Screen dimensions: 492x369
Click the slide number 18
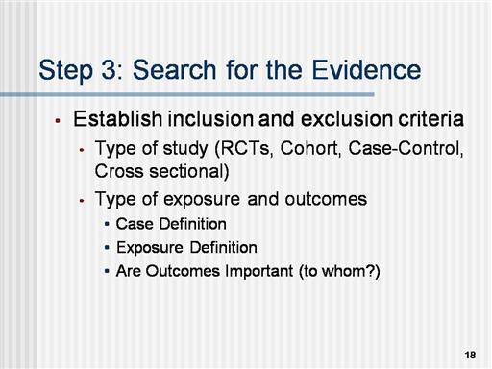pyautogui.click(x=470, y=355)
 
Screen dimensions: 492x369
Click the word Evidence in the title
pyautogui.click(x=366, y=69)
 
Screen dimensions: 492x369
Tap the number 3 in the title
pyautogui.click(x=110, y=69)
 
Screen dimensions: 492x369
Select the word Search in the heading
pyautogui.click(x=175, y=69)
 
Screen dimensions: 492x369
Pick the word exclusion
pyautogui.click(x=346, y=118)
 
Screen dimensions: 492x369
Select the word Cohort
pyautogui.click(x=309, y=148)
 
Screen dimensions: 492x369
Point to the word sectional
pyautogui.click(x=189, y=171)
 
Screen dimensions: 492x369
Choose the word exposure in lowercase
pyautogui.click(x=202, y=199)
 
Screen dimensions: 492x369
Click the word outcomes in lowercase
pyautogui.click(x=326, y=199)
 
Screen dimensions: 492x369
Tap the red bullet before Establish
pyautogui.click(x=58, y=121)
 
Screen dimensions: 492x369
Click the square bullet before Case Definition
pyautogui.click(x=107, y=224)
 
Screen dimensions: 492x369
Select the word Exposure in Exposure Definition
pyautogui.click(x=150, y=248)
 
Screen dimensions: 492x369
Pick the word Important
pyautogui.click(x=258, y=271)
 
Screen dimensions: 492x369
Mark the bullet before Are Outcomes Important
pyautogui.click(x=107, y=271)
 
